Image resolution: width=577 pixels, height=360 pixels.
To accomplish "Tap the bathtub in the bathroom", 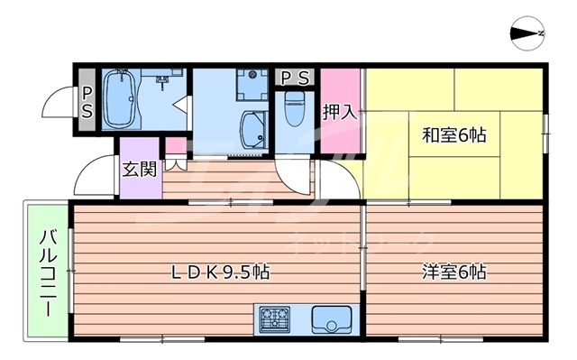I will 118,97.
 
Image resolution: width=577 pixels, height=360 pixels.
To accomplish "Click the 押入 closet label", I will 341,113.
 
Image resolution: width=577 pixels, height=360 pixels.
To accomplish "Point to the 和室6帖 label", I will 454,135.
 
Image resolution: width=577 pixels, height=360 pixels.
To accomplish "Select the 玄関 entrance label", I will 140,168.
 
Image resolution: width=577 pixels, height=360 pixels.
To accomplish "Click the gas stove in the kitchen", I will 273,319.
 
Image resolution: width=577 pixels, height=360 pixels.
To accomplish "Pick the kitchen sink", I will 331,319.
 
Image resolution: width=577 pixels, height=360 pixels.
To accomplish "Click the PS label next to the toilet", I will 294,78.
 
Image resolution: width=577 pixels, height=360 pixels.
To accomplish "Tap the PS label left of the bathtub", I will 87,101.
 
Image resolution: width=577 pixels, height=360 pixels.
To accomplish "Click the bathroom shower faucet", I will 163,81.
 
